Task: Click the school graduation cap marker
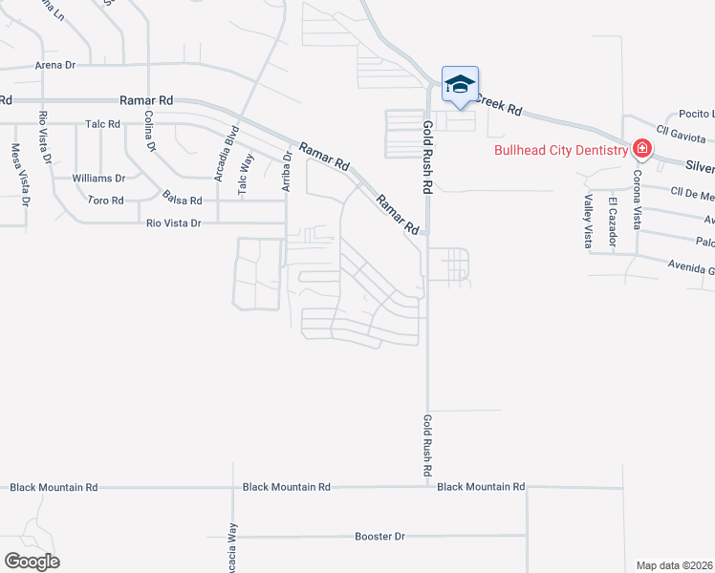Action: coord(460,85)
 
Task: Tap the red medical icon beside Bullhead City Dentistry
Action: coord(641,149)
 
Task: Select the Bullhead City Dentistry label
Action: coord(560,150)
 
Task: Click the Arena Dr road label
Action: coord(54,65)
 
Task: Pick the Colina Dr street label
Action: coord(149,132)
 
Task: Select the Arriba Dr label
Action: coord(286,170)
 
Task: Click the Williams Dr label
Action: coord(99,179)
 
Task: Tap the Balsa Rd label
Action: coord(183,201)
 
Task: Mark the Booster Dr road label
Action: coord(380,537)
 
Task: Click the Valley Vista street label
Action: coord(588,222)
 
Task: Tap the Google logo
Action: coord(32,562)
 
